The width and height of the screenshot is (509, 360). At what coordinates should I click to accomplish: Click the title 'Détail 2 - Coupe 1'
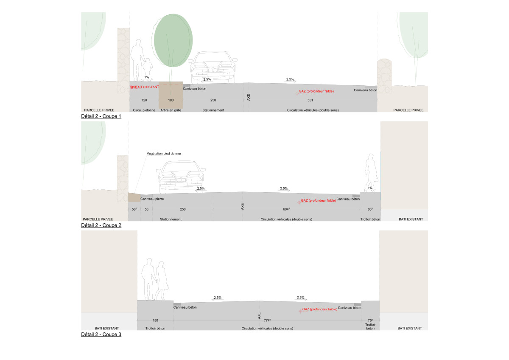pos(101,116)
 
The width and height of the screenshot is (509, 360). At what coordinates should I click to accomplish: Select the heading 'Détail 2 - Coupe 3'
pos(101,335)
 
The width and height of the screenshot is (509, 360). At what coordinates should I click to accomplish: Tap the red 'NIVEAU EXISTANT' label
pos(144,87)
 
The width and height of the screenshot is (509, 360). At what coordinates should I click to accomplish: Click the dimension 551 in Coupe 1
pos(310,100)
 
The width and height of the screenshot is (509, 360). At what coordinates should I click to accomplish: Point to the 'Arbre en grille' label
pos(171,110)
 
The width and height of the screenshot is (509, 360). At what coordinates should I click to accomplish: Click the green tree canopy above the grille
pos(173,40)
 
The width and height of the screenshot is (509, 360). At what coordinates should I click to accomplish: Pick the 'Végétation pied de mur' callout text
pos(164,154)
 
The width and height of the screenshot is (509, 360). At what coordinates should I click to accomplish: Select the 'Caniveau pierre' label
pos(152,199)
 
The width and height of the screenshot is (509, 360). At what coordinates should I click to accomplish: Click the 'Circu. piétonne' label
pos(144,110)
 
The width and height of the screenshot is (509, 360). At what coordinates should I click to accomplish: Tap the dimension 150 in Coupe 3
pos(155,321)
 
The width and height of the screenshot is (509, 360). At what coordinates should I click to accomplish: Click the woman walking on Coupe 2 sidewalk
pos(371,173)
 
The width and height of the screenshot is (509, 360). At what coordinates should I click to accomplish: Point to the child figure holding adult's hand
pos(148,69)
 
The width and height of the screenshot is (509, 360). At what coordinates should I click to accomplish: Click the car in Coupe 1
pos(213,67)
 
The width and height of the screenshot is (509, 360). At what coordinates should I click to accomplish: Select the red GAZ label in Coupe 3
pos(319,309)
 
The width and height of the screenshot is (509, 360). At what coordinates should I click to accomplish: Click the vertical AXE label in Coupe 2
pos(242,206)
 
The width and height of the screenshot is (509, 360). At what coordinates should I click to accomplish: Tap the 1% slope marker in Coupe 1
pos(147,77)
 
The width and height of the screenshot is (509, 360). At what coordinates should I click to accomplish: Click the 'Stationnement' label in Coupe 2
pos(171,219)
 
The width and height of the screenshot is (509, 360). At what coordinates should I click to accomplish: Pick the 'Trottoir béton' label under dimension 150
pos(155,329)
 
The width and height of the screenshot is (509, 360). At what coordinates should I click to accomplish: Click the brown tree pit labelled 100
pos(171,95)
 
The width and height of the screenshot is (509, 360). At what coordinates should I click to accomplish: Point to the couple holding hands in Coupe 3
pos(155,279)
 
